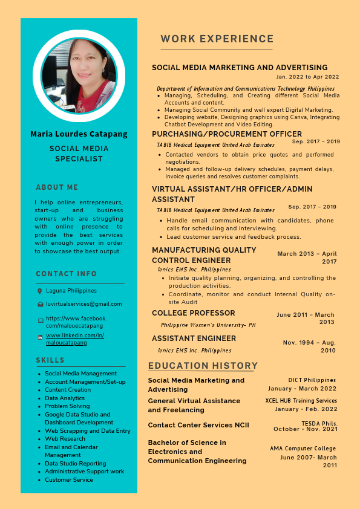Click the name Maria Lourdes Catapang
(x=79, y=134)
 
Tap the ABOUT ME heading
(x=57, y=187)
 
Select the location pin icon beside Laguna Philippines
(x=40, y=291)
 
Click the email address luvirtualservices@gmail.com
(x=84, y=304)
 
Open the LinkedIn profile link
(x=74, y=339)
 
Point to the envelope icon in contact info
(x=40, y=305)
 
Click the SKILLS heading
(x=50, y=360)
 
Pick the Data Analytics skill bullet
(x=65, y=398)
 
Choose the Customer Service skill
(x=69, y=480)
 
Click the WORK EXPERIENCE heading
(x=217, y=39)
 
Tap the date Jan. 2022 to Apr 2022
(x=307, y=77)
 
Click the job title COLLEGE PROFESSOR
(x=194, y=313)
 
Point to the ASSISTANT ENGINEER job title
(x=194, y=339)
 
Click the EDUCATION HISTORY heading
(x=203, y=366)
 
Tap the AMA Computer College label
(x=303, y=449)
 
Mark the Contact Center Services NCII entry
(x=198, y=425)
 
